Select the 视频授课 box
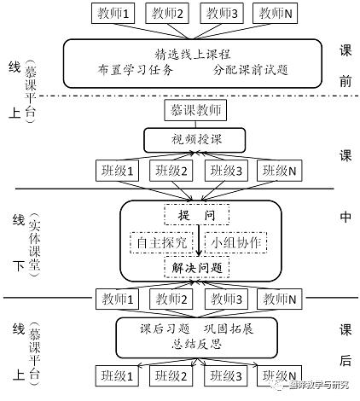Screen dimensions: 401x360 pos(193,137)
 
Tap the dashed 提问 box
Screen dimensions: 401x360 pos(197,212)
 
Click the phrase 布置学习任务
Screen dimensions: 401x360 pos(136,70)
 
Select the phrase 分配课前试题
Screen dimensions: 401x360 pos(248,70)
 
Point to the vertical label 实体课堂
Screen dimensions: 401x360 pos(34,241)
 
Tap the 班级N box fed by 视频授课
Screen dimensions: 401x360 pos(277,169)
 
